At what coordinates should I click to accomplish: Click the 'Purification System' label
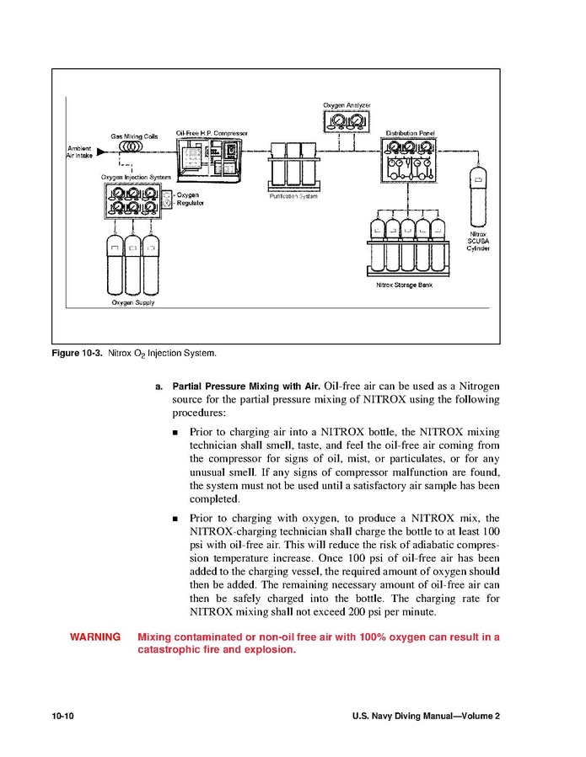pos(293,195)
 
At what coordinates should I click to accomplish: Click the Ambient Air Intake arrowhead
pos(100,152)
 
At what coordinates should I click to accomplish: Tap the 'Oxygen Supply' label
pos(133,302)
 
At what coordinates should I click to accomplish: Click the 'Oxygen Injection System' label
pos(136,178)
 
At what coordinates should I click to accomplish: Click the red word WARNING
pos(94,637)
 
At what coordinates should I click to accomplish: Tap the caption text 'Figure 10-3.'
pos(77,352)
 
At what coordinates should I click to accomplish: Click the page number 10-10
pos(63,716)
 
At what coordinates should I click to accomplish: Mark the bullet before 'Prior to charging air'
pos(175,432)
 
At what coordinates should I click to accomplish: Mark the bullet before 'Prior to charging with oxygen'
pos(175,519)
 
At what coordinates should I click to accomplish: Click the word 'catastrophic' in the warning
pos(172,650)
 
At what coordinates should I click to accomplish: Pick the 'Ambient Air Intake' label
pos(79,152)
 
